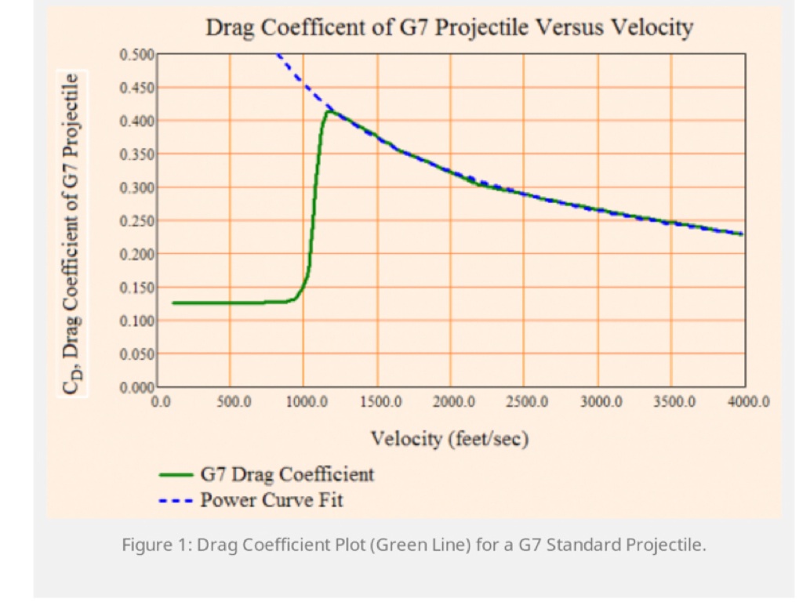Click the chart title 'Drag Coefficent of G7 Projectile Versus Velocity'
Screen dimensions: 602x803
449,28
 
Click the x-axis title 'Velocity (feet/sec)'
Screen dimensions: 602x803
449,439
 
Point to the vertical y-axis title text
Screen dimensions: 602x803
73,234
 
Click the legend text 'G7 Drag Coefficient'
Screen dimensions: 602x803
287,474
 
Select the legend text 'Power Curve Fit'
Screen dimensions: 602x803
271,499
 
